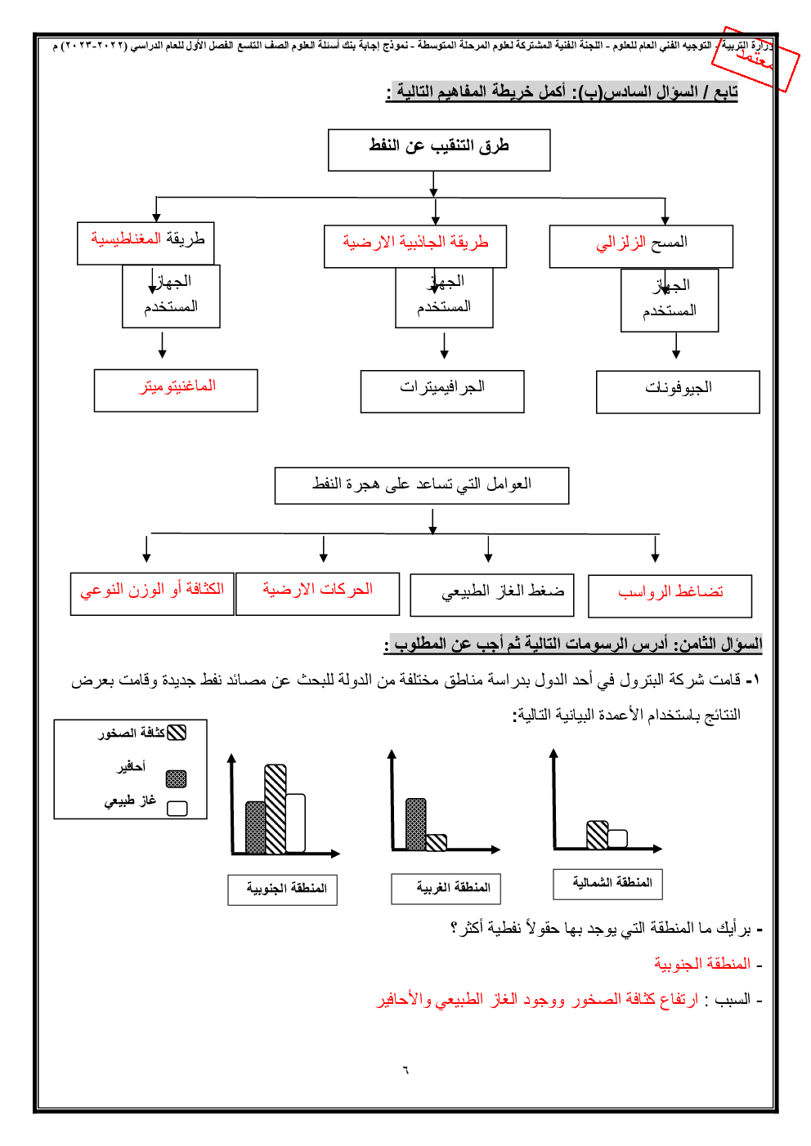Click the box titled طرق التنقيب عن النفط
coord(439,149)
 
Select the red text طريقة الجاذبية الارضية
coord(415,243)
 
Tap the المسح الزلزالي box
coord(641,246)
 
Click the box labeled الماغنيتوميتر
coord(176,390)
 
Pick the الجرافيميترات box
coord(442,391)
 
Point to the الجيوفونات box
coord(678,392)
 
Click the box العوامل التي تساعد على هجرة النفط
coord(422,485)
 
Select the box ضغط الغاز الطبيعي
coord(492,594)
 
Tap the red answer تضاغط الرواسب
coord(670,595)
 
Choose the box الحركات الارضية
coord(317,593)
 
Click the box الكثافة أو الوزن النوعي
coord(152,593)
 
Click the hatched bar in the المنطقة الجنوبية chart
coord(276,809)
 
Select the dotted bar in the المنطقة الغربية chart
coord(416,824)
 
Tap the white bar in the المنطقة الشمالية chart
coord(618,839)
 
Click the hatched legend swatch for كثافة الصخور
coord(177,733)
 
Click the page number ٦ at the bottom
coord(405,1070)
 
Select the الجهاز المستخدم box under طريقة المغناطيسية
coord(171,296)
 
